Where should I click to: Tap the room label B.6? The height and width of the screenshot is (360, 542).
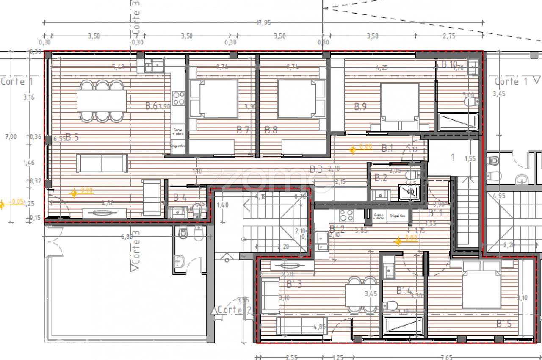pyautogui.click(x=151, y=106)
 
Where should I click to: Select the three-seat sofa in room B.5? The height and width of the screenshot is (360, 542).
pyautogui.click(x=102, y=163)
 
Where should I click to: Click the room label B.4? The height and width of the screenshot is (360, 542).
pyautogui.click(x=180, y=197)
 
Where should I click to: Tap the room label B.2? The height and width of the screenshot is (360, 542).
pyautogui.click(x=381, y=178)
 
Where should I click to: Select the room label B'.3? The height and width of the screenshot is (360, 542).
pyautogui.click(x=294, y=284)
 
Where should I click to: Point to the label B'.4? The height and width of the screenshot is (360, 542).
pyautogui.click(x=404, y=291)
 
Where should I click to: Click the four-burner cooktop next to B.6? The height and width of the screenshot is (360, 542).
pyautogui.click(x=179, y=98)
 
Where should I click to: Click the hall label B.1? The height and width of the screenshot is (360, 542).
pyautogui.click(x=387, y=148)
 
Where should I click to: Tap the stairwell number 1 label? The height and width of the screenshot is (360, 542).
pyautogui.click(x=452, y=158)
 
